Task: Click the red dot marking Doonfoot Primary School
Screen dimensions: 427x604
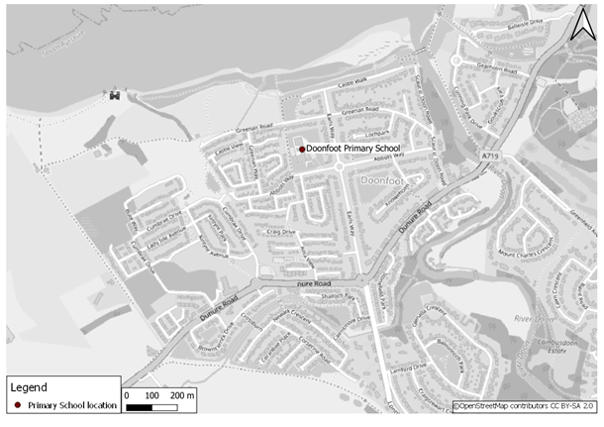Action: tap(302, 149)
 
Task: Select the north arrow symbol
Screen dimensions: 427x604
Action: tap(580, 23)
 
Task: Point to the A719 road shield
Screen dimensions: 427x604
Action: tap(491, 157)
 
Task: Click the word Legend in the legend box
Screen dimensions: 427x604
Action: tap(30, 387)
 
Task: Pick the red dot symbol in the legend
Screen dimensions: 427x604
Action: tap(18, 405)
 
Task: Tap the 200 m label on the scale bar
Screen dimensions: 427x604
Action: tap(183, 396)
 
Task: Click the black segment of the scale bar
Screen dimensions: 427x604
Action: tap(140, 406)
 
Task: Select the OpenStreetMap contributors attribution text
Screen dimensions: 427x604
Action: tap(524, 405)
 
